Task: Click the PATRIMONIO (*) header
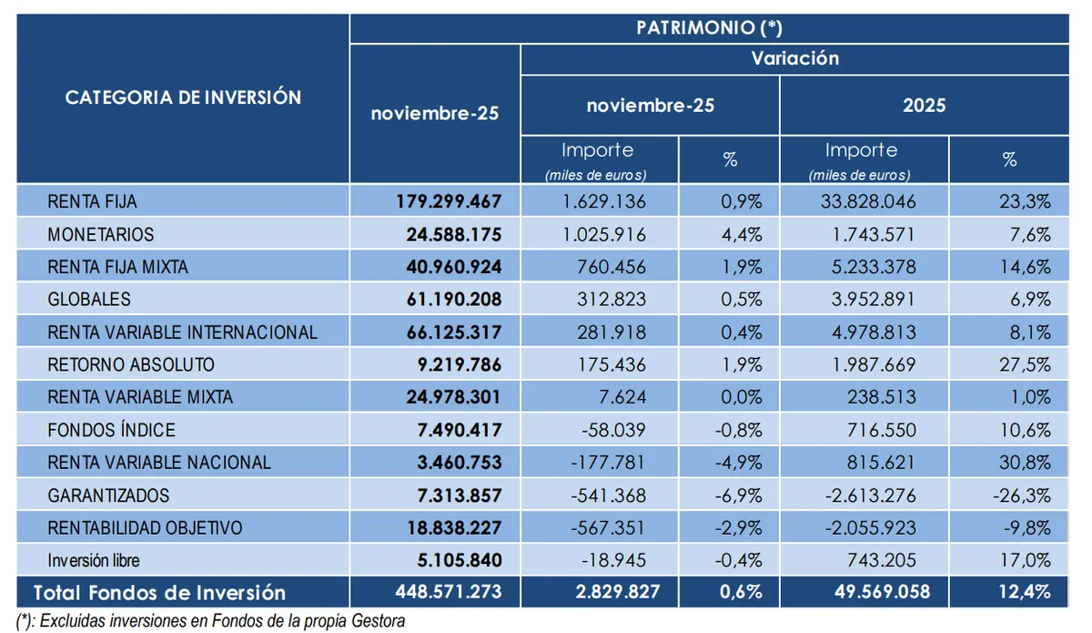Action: [709, 27]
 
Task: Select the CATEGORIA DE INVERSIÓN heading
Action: [183, 97]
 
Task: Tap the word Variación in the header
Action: [794, 58]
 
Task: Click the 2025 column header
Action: [924, 105]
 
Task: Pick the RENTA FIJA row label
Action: [92, 201]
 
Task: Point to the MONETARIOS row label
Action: [101, 234]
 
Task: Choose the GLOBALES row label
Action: [89, 299]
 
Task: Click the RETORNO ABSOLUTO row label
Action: [131, 364]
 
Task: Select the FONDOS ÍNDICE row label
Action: [111, 430]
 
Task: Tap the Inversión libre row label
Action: [94, 560]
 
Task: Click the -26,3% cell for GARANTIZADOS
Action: [1026, 495]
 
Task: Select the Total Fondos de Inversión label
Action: [159, 592]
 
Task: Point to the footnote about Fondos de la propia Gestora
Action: [211, 620]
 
